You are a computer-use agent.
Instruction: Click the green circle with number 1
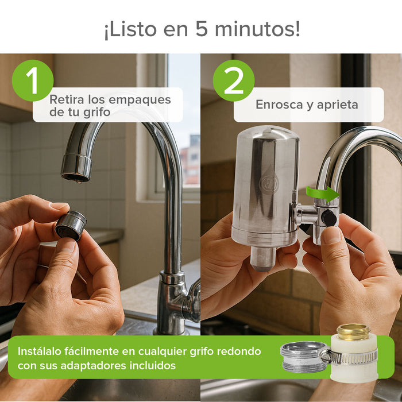32,80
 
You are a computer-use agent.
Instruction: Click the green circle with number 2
233,80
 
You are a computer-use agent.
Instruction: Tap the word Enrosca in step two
279,105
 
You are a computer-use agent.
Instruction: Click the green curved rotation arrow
322,193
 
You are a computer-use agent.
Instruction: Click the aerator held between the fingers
71,225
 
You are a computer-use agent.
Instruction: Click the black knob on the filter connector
329,218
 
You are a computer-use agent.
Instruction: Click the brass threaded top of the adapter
354,331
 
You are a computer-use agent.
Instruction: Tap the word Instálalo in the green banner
44,351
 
